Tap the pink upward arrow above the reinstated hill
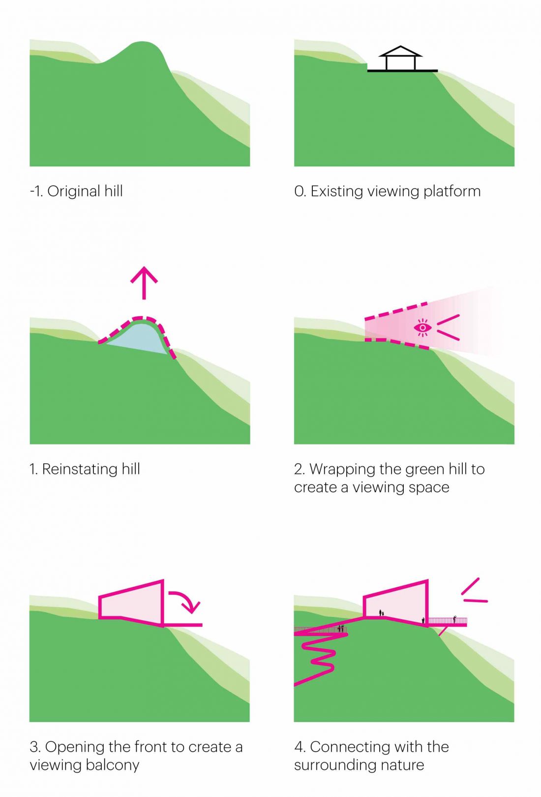point(144,283)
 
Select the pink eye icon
point(422,327)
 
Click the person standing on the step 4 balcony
point(454,619)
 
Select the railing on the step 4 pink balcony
point(448,621)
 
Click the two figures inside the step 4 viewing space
point(381,613)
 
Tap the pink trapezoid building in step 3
point(131,603)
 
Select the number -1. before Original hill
point(36,191)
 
